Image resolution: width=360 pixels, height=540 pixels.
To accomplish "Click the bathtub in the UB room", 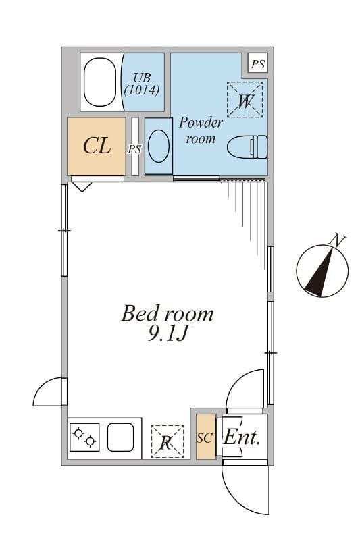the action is (100, 82).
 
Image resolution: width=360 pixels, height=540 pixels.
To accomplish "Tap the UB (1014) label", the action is (142, 84).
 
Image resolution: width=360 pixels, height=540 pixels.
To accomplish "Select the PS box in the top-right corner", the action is (258, 63).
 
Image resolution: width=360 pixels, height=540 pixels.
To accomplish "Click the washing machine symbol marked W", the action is (245, 100).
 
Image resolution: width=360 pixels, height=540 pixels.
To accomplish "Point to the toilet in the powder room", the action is (247, 147).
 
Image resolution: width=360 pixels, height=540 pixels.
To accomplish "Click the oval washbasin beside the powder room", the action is (159, 146).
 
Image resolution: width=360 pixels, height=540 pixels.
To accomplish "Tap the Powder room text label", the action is (201, 130).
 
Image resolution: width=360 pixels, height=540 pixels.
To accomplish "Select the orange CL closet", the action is (97, 146).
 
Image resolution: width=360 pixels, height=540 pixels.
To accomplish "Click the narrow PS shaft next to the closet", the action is (135, 147).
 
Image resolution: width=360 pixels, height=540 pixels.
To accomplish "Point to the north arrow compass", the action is (322, 271).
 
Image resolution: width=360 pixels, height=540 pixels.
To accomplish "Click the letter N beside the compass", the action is (337, 240).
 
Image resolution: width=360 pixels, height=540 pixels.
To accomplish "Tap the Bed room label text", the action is (168, 313).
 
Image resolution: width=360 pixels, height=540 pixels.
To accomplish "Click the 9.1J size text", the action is (168, 333).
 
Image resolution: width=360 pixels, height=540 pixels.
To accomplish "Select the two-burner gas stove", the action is (84, 437).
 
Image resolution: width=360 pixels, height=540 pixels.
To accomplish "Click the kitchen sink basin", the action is (120, 437).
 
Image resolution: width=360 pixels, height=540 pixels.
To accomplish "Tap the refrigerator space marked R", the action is (168, 441).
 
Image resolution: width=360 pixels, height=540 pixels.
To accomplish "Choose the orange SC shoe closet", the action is (205, 437).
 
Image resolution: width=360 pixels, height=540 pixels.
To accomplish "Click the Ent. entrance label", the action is (242, 437).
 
